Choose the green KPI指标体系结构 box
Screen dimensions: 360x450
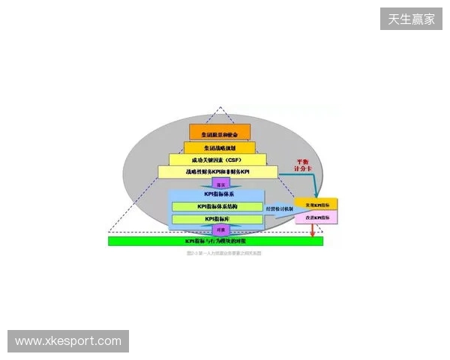coord(218,206)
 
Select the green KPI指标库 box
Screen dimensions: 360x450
coord(218,219)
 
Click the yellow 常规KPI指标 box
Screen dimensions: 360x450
coord(316,204)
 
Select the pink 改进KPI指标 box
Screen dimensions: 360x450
coord(316,217)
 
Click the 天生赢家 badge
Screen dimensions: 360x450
coord(411,18)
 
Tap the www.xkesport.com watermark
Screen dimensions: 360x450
coord(68,341)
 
